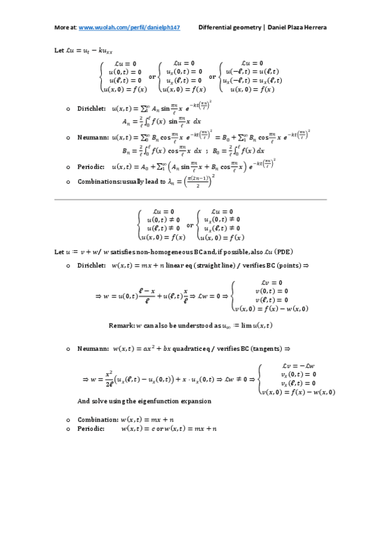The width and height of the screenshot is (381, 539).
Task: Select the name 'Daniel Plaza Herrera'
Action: (298, 28)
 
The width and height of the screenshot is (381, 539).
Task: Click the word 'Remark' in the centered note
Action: (121, 325)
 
